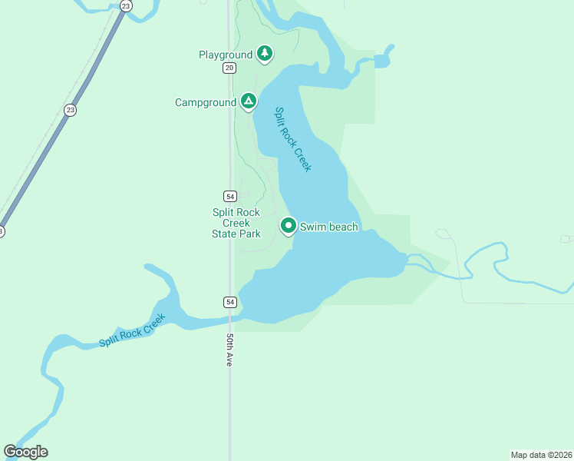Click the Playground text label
225,55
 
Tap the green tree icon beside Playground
265,53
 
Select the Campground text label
206,102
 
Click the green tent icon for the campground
248,101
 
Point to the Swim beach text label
328,227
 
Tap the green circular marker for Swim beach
289,225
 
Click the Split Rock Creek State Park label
236,223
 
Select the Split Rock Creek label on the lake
293,139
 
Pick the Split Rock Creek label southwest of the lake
132,331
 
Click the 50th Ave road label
229,349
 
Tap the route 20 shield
229,68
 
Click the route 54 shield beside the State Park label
229,195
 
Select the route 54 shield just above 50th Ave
229,302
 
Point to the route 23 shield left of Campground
71,109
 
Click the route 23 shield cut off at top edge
127,5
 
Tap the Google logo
25,452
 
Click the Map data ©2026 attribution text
541,455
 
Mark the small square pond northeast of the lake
382,60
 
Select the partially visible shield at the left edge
2,231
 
